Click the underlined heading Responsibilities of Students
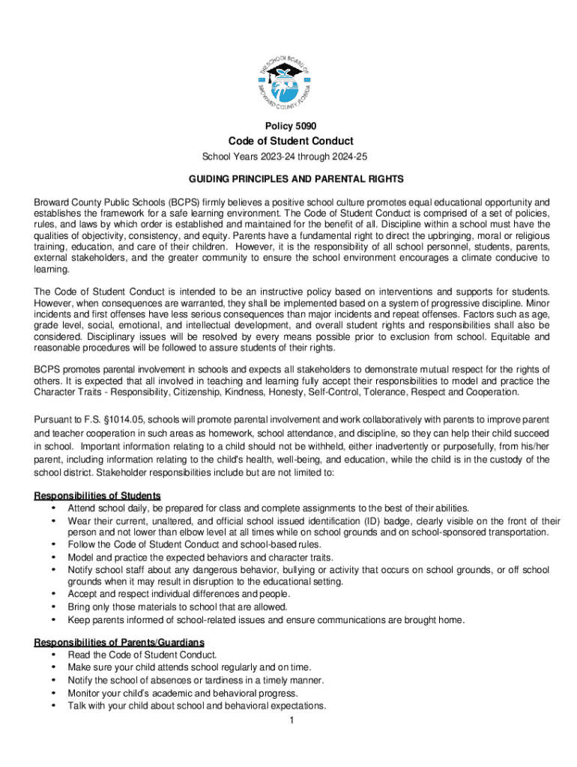pyautogui.click(x=97, y=496)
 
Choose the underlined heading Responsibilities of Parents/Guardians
pyautogui.click(x=119, y=643)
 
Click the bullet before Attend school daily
pyautogui.click(x=52, y=509)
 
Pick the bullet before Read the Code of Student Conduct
pyautogui.click(x=52, y=655)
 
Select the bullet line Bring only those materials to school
pyautogui.click(x=177, y=607)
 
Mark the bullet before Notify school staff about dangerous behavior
pyautogui.click(x=52, y=570)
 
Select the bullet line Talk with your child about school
pyautogui.click(x=197, y=706)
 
